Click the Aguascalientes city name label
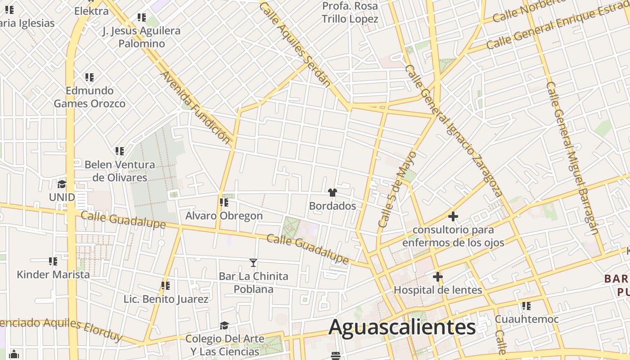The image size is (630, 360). point(402,327)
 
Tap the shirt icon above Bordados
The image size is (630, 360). point(333,193)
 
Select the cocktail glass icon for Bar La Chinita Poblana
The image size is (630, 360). point(253,263)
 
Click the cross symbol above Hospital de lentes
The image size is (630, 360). point(437,277)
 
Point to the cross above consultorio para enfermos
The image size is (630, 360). point(453,216)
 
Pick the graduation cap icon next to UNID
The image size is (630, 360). point(62,184)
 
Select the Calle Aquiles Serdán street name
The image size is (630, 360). point(295,44)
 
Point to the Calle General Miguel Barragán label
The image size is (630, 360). point(572,157)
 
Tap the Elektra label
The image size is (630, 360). point(91,11)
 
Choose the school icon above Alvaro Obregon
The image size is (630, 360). point(224,202)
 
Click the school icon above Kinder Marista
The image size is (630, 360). point(53,261)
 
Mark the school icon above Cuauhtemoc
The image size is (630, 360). point(526,306)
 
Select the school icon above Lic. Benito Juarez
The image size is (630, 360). point(166,286)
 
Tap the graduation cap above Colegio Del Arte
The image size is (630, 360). point(224,325)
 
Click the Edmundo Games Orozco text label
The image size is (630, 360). point(90,97)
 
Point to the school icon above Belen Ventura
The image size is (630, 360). point(119,151)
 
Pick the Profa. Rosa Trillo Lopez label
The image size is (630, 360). point(350,13)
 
